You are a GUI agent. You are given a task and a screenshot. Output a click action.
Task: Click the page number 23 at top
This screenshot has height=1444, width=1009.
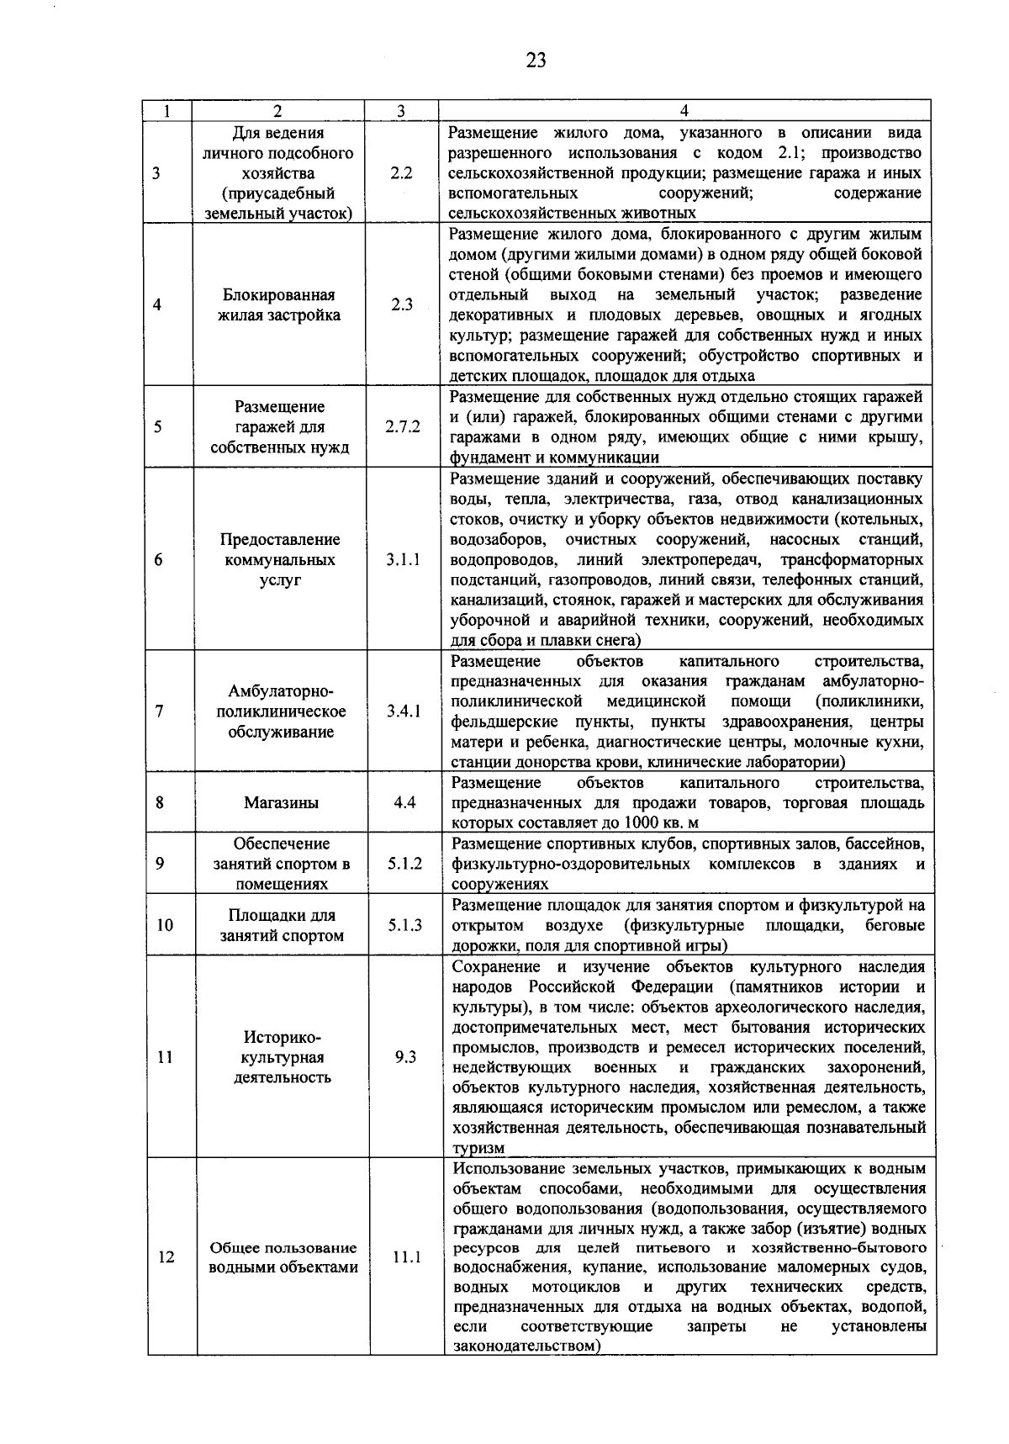[536, 60]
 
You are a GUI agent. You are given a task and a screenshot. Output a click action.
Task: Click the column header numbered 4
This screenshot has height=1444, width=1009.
[684, 111]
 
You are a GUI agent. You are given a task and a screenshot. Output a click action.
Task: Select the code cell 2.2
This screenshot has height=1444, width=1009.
[401, 173]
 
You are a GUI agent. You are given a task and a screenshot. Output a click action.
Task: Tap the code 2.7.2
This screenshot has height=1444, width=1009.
[403, 426]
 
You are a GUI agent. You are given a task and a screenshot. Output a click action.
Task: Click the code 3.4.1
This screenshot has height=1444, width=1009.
[404, 711]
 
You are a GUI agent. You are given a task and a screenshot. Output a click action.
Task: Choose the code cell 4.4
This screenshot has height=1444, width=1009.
[404, 802]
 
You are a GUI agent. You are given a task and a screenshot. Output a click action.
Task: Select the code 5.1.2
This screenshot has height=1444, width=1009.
[404, 864]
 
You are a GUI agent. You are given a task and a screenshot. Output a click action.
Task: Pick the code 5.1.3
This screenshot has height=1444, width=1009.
[405, 925]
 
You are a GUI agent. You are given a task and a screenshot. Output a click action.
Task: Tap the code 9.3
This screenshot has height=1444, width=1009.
[405, 1057]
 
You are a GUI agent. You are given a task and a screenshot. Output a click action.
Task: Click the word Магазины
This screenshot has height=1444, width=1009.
[281, 802]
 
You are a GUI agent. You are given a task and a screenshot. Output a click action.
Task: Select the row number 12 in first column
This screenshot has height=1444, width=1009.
[166, 1257]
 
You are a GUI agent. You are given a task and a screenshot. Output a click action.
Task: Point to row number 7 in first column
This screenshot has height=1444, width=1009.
[159, 711]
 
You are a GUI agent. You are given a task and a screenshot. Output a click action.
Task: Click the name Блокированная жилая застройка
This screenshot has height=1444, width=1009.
[278, 305]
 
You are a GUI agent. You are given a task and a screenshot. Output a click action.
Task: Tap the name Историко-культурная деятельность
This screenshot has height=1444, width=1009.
[282, 1057]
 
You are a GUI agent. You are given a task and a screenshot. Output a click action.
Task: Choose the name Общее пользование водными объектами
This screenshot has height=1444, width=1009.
[283, 1257]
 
